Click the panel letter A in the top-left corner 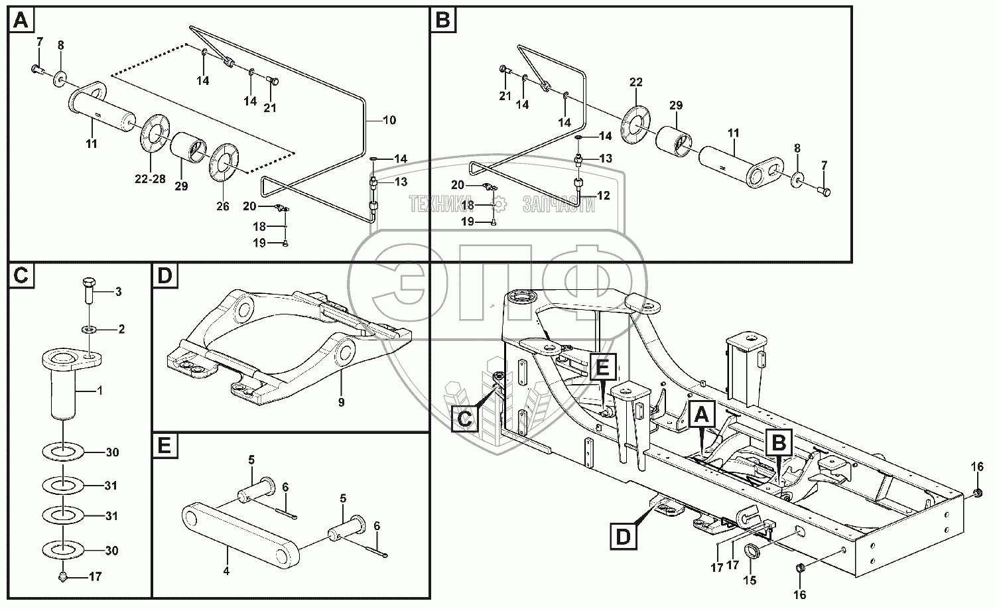coord(21,22)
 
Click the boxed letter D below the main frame coord(623,536)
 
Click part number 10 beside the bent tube coord(389,120)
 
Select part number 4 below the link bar coord(226,571)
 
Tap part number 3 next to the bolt coord(118,291)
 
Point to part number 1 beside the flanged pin coord(99,391)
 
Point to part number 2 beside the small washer coord(121,329)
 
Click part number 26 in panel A coord(222,206)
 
